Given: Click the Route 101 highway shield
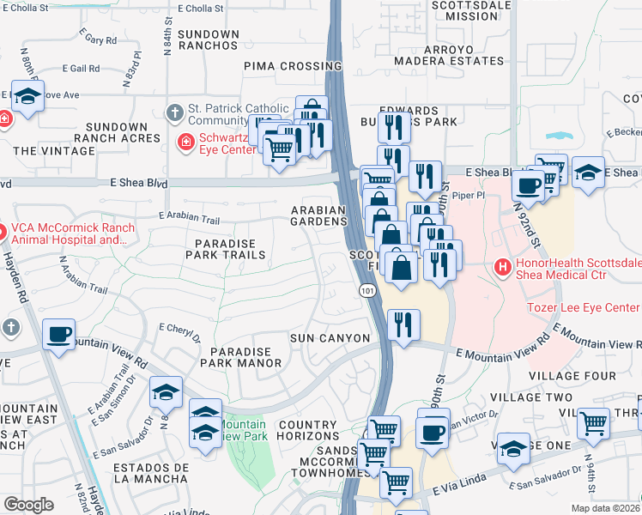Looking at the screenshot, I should (x=365, y=293).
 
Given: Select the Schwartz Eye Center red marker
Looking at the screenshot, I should (x=185, y=142).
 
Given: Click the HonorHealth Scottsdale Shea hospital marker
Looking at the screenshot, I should (x=502, y=268).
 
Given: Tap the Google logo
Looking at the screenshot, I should (x=28, y=505).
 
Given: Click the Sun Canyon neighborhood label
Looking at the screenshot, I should (x=330, y=338).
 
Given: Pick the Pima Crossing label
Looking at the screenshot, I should (x=293, y=65).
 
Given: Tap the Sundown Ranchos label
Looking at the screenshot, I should (x=209, y=40).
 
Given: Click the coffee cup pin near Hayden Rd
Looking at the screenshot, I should (x=58, y=335).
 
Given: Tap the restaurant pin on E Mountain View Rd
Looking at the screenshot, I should (x=403, y=325).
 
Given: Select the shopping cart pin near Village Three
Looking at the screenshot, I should (x=593, y=423).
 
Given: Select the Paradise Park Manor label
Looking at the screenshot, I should (x=241, y=358).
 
